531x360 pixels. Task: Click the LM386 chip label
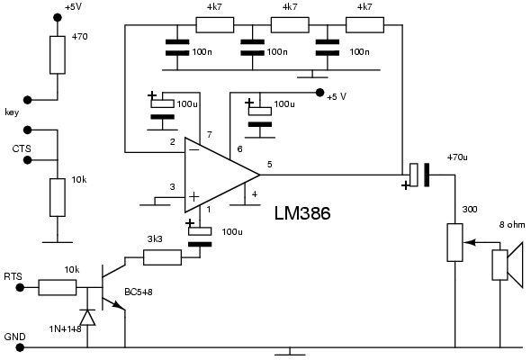coord(302,213)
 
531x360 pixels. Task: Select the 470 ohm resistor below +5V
coord(58,55)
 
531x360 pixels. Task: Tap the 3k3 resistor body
coord(162,257)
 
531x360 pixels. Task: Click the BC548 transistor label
coord(139,292)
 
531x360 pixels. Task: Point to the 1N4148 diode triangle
coord(87,318)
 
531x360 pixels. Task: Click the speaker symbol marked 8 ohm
coord(508,265)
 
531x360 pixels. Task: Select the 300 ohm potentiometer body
coord(454,242)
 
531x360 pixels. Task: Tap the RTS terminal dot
coord(20,288)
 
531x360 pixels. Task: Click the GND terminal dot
coord(20,347)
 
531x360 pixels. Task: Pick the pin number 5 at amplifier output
coord(270,165)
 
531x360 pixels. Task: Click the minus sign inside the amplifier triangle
coord(194,149)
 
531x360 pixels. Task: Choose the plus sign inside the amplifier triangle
coord(193,197)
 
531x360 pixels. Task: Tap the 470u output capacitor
coord(419,175)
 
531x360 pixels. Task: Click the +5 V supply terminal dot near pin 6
coord(319,93)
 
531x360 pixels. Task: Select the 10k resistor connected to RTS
coord(58,287)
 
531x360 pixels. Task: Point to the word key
coord(12,112)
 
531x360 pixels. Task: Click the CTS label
coord(22,148)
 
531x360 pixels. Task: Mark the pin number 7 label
coord(210,135)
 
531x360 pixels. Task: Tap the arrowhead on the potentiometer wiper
coord(469,242)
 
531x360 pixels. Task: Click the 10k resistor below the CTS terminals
coord(58,197)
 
